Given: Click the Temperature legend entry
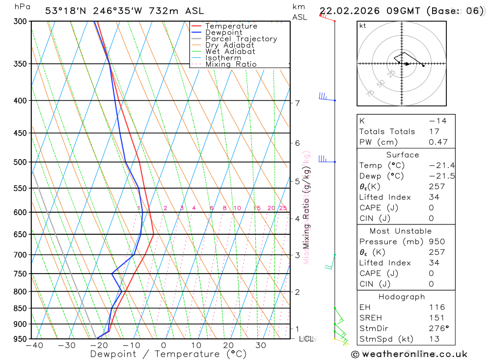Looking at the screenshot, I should (x=231, y=26).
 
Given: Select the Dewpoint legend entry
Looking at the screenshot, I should (x=223, y=32).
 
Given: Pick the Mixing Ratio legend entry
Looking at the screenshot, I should (x=231, y=64).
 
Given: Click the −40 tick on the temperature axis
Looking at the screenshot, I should (x=34, y=345).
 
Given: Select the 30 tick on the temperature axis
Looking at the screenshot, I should (x=261, y=345).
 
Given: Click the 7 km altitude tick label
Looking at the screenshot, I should (x=297, y=103).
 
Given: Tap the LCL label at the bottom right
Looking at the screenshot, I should (x=304, y=338).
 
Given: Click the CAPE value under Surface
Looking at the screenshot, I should (x=432, y=208).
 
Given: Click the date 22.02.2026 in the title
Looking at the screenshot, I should (x=347, y=11).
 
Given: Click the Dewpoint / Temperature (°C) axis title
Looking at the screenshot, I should (x=162, y=354).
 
